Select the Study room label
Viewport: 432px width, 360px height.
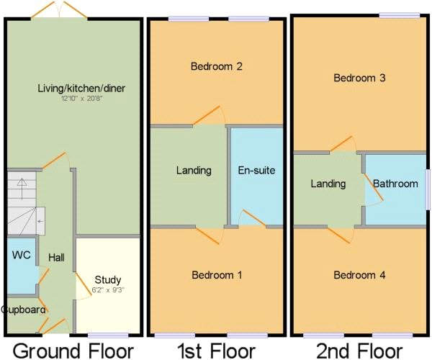click(108, 279)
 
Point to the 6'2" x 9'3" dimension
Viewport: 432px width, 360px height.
click(108, 289)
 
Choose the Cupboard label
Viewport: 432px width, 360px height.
click(24, 310)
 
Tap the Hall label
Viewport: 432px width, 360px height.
click(58, 257)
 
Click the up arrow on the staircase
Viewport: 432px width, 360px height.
click(22, 185)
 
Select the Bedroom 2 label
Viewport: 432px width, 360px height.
click(216, 66)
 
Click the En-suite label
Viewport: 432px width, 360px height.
click(256, 171)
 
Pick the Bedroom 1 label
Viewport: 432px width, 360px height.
click(216, 275)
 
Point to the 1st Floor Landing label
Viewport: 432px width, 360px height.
click(194, 171)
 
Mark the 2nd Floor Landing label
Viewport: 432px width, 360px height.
click(328, 184)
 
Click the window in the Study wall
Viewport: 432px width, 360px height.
click(108, 335)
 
